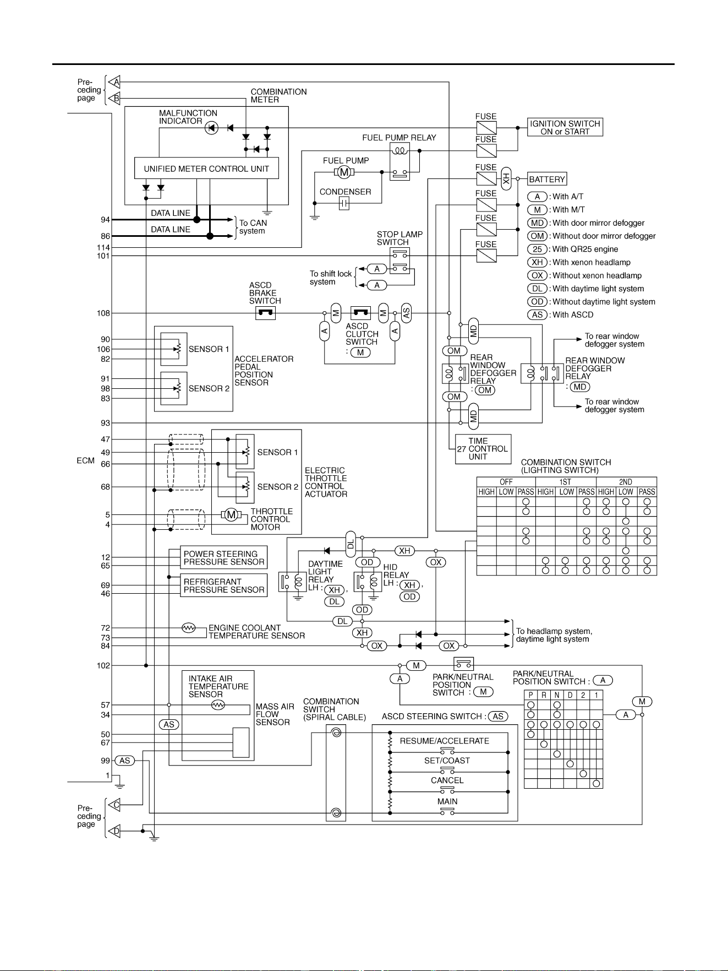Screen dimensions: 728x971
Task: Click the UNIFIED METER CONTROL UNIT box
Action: pos(206,169)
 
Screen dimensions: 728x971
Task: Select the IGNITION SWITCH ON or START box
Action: pos(565,127)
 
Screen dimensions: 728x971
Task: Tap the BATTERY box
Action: pos(547,179)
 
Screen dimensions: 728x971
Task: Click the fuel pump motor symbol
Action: pos(344,172)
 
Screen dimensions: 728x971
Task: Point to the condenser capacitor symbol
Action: pos(344,204)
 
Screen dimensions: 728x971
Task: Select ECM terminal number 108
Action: pos(103,313)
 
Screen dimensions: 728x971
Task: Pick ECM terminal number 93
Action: pos(105,423)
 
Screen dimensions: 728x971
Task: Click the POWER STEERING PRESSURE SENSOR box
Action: pos(224,558)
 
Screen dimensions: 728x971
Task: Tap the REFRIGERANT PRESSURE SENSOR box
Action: pos(224,585)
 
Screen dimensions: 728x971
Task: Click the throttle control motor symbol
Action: pos(231,515)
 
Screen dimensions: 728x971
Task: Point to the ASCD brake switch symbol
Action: pos(265,313)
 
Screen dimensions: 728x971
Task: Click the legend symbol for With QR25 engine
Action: pos(538,249)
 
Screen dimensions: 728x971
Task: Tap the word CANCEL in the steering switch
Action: pos(447,780)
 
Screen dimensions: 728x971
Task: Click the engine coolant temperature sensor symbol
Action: pos(188,628)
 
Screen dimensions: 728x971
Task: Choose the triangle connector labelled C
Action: pos(114,805)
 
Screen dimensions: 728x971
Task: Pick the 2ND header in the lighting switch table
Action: pos(626,482)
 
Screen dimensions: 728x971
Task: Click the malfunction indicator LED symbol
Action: pos(211,128)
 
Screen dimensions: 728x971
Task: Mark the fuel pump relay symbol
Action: pos(400,161)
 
